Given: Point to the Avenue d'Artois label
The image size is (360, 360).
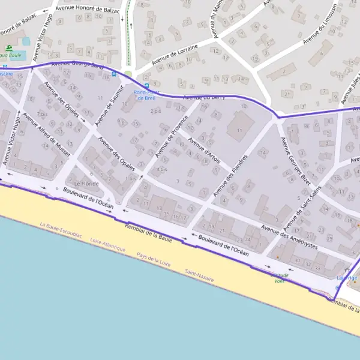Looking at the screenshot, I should pyautogui.click(x=205, y=151).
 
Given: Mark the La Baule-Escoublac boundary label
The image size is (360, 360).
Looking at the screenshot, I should pyautogui.click(x=62, y=231).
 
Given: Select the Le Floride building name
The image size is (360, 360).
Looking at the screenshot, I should pyautogui.click(x=86, y=184).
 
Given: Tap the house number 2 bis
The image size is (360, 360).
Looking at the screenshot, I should pyautogui.click(x=156, y=111).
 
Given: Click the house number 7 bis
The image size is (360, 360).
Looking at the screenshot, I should pyautogui.click(x=43, y=113).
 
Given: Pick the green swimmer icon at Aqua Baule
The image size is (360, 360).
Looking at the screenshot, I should pyautogui.click(x=9, y=48).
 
